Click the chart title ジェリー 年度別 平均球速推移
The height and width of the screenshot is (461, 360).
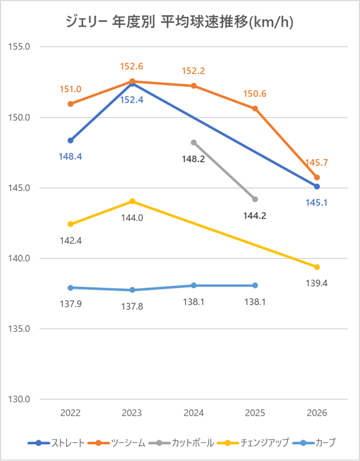(180, 22)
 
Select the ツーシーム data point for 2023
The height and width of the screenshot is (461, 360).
(132, 82)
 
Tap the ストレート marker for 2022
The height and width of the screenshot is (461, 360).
(70, 140)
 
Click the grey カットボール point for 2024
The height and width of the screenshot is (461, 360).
(194, 142)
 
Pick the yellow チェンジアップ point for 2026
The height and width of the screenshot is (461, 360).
(317, 267)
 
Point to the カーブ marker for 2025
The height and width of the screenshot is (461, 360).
(255, 285)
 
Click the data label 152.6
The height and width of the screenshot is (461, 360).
(132, 66)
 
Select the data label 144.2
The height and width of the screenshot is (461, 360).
(255, 216)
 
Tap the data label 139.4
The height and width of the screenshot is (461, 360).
(317, 283)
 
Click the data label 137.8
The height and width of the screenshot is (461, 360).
(132, 307)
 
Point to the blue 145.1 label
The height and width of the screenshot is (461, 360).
(317, 203)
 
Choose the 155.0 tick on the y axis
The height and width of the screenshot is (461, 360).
(19, 46)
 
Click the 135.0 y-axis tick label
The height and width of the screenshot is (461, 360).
(19, 329)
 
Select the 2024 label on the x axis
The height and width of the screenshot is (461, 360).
(194, 413)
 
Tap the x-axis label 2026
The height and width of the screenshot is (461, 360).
(317, 413)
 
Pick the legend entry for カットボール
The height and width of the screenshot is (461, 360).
(181, 443)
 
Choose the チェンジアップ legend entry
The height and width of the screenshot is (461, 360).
(253, 443)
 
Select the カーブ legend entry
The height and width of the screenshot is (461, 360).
(314, 443)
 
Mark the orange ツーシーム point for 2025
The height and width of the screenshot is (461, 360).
(255, 109)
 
